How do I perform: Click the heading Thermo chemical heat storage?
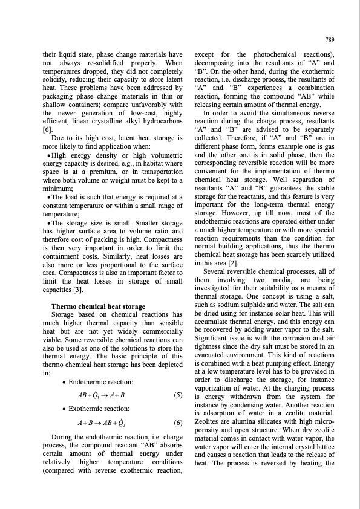(x=99, y=306)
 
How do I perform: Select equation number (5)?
(x=178, y=395)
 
